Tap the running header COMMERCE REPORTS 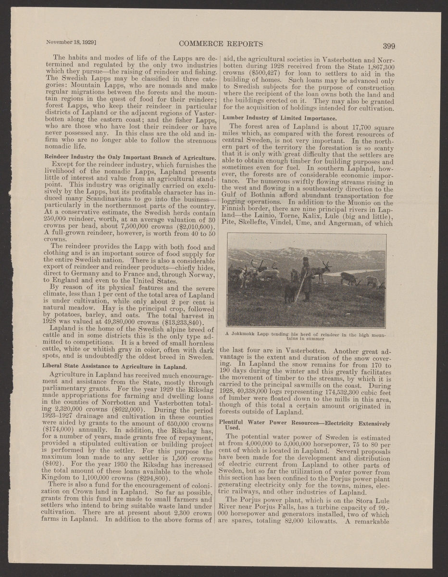click(220, 43)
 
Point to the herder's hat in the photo click(305, 260)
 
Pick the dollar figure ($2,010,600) click(189, 226)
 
